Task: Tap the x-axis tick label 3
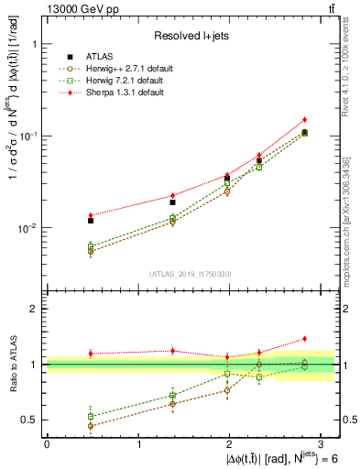point(322,443)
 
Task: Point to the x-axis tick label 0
point(47,443)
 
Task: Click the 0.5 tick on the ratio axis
point(32,420)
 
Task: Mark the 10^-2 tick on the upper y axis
point(28,228)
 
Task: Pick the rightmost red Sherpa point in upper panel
point(304,120)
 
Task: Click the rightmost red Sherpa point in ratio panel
point(304,339)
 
